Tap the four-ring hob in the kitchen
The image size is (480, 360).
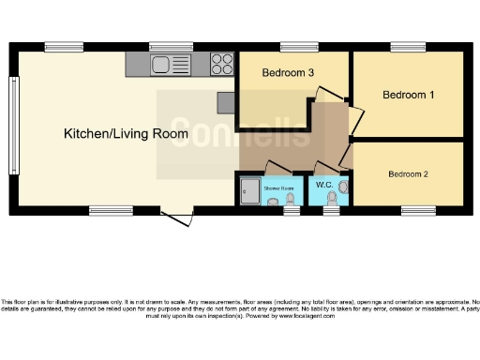coord(222,64)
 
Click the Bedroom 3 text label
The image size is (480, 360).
coord(287,73)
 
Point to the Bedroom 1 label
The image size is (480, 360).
coord(409,95)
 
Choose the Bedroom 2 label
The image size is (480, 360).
coord(409,174)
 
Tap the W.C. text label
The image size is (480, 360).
coord(324,185)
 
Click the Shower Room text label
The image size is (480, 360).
coord(278,188)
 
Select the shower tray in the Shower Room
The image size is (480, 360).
coord(249,192)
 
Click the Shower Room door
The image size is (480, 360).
coord(278,169)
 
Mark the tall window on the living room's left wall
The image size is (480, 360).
coord(14,110)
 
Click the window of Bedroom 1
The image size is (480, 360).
coord(408,47)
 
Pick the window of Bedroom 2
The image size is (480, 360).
coord(417,210)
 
